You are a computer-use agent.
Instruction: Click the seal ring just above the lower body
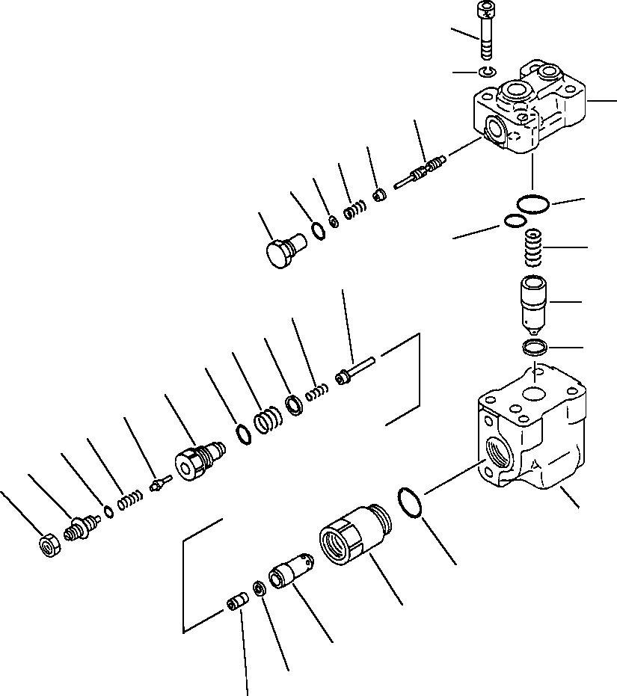(535, 346)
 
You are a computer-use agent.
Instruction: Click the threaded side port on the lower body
(494, 449)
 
